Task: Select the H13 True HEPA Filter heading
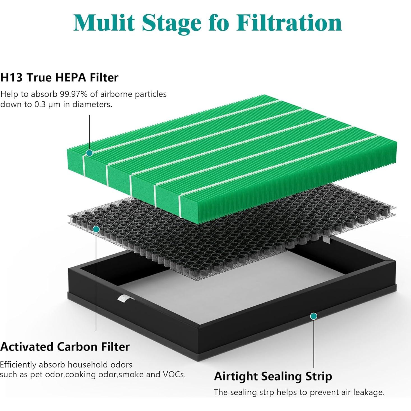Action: [x=59, y=77]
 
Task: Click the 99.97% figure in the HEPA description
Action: [x=74, y=94]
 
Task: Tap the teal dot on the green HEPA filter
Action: [x=89, y=153]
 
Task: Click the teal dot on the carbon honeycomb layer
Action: [x=96, y=229]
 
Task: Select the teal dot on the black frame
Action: [x=314, y=316]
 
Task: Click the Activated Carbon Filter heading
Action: [x=65, y=347]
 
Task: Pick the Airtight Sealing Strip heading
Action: [x=273, y=376]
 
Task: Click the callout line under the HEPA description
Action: [x=89, y=132]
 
